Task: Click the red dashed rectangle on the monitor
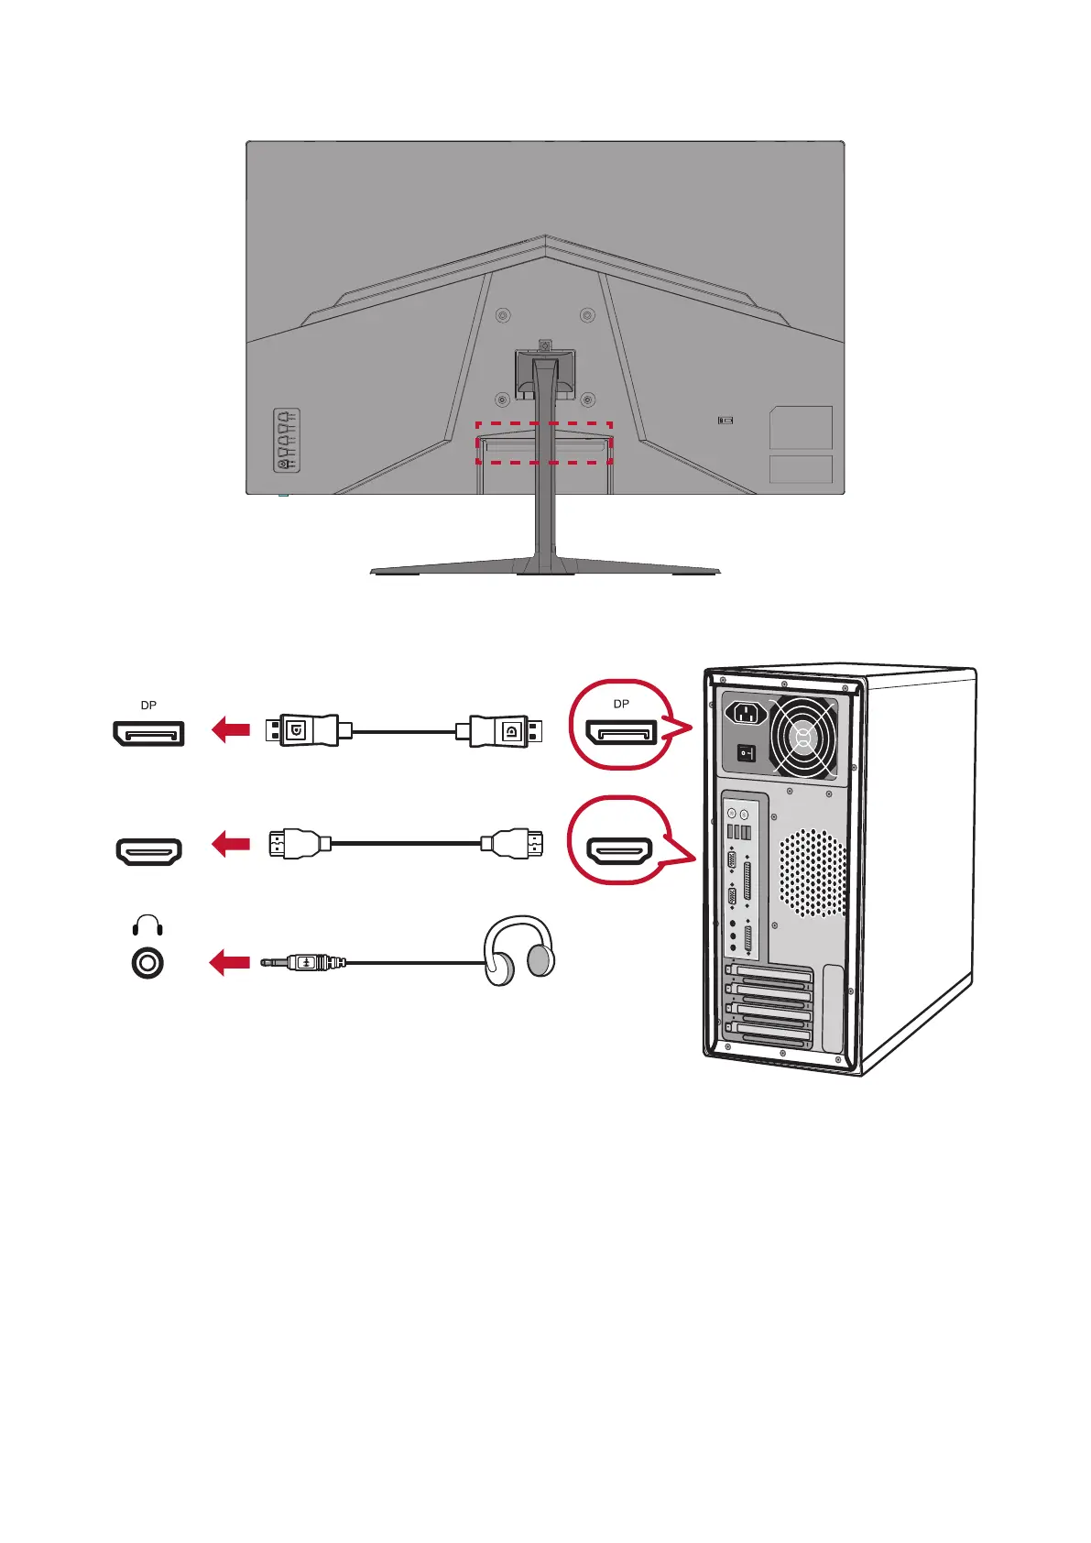coord(543,443)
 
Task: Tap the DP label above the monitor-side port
coord(148,706)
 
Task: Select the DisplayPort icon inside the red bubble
coord(622,733)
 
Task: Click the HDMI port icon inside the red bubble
coord(619,852)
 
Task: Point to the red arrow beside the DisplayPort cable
coord(231,730)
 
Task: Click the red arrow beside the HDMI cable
coord(231,844)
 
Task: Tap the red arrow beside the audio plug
coord(231,963)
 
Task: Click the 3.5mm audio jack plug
coord(303,963)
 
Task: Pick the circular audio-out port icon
coord(147,964)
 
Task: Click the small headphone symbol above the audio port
coord(147,925)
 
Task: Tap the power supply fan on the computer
coord(803,736)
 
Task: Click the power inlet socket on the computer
coord(747,713)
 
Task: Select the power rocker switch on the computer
coord(747,753)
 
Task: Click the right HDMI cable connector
coord(513,844)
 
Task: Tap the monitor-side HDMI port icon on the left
coord(148,852)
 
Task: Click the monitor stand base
coord(545,568)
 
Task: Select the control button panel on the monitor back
coord(287,441)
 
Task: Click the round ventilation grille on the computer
coord(813,873)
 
